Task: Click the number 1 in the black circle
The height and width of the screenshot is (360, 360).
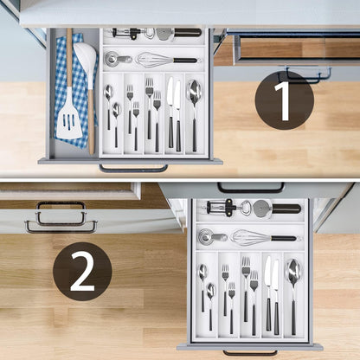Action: click(x=284, y=100)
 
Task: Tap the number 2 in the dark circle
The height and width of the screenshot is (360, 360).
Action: click(x=82, y=271)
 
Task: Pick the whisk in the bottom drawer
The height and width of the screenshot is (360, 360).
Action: click(x=251, y=236)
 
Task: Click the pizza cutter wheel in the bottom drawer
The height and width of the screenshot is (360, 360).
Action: click(x=261, y=208)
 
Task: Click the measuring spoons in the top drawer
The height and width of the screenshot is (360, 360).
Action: click(x=115, y=59)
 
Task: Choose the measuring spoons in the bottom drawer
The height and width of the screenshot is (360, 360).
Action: click(x=207, y=236)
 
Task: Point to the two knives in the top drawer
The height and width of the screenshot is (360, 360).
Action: click(x=174, y=111)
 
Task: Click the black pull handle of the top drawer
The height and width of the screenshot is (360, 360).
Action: click(x=133, y=169)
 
